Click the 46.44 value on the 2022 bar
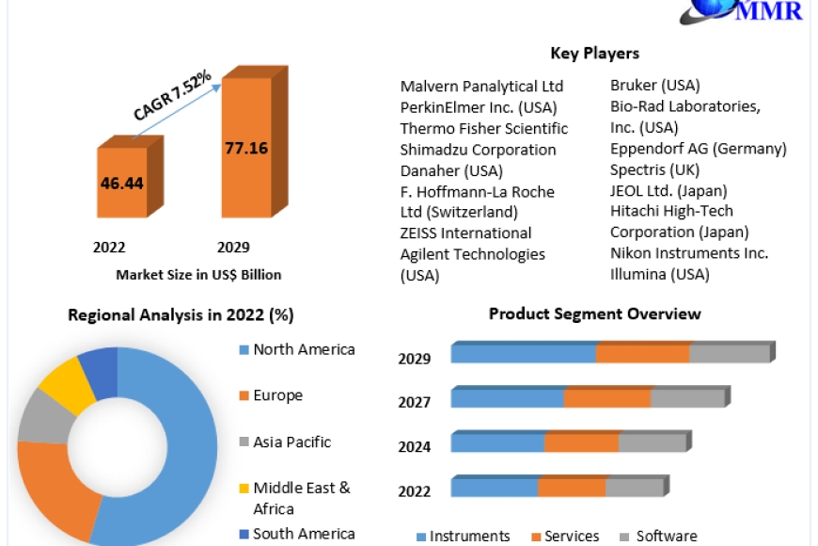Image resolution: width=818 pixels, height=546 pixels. coord(121,183)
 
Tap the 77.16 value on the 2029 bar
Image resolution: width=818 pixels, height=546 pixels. coord(246,148)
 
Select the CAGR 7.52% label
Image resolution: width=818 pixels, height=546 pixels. coord(172,94)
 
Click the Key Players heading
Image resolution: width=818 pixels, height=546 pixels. coord(595,54)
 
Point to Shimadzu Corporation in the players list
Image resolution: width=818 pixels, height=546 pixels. coord(478,150)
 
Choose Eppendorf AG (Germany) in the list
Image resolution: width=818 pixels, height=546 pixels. coord(698,149)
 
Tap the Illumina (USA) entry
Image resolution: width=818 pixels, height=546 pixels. coord(659,274)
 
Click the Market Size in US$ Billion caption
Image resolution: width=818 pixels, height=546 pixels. coord(198,275)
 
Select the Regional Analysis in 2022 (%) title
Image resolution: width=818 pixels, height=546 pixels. coord(181,315)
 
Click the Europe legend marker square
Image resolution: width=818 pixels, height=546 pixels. coord(244,395)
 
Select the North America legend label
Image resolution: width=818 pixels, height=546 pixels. coord(304,349)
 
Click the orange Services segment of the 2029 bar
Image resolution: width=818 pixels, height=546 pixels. coord(643,353)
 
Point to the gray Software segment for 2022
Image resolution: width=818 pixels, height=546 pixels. coord(635,487)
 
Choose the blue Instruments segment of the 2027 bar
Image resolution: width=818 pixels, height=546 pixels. coord(507,397)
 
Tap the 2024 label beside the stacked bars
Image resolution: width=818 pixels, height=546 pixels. coord(415,447)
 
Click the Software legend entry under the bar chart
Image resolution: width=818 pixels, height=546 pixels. coord(658,536)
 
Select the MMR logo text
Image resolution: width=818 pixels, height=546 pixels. coord(769,10)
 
